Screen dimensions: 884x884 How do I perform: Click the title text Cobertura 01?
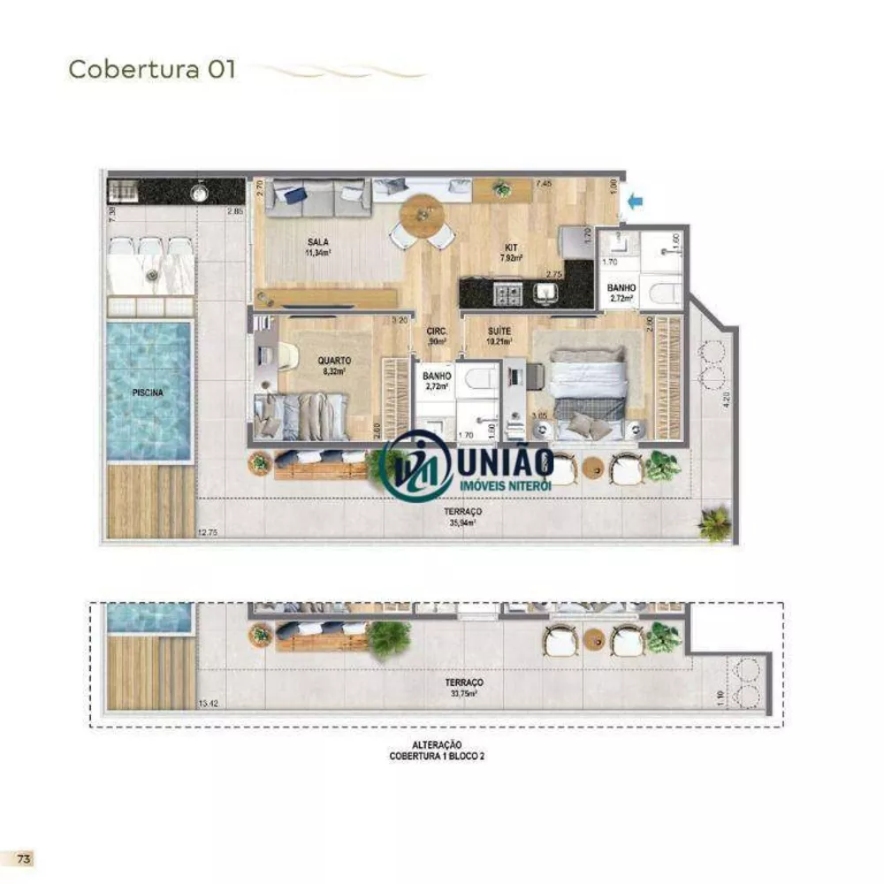click(152, 70)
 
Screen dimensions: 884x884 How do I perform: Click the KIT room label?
click(511, 248)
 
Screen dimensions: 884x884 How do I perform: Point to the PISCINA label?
click(148, 393)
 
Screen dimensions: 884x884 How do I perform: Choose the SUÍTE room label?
click(499, 331)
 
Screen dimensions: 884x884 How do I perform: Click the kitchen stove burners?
click(510, 291)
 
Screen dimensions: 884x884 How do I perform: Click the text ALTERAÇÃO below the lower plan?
click(438, 745)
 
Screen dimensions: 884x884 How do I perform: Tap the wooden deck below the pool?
click(149, 501)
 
